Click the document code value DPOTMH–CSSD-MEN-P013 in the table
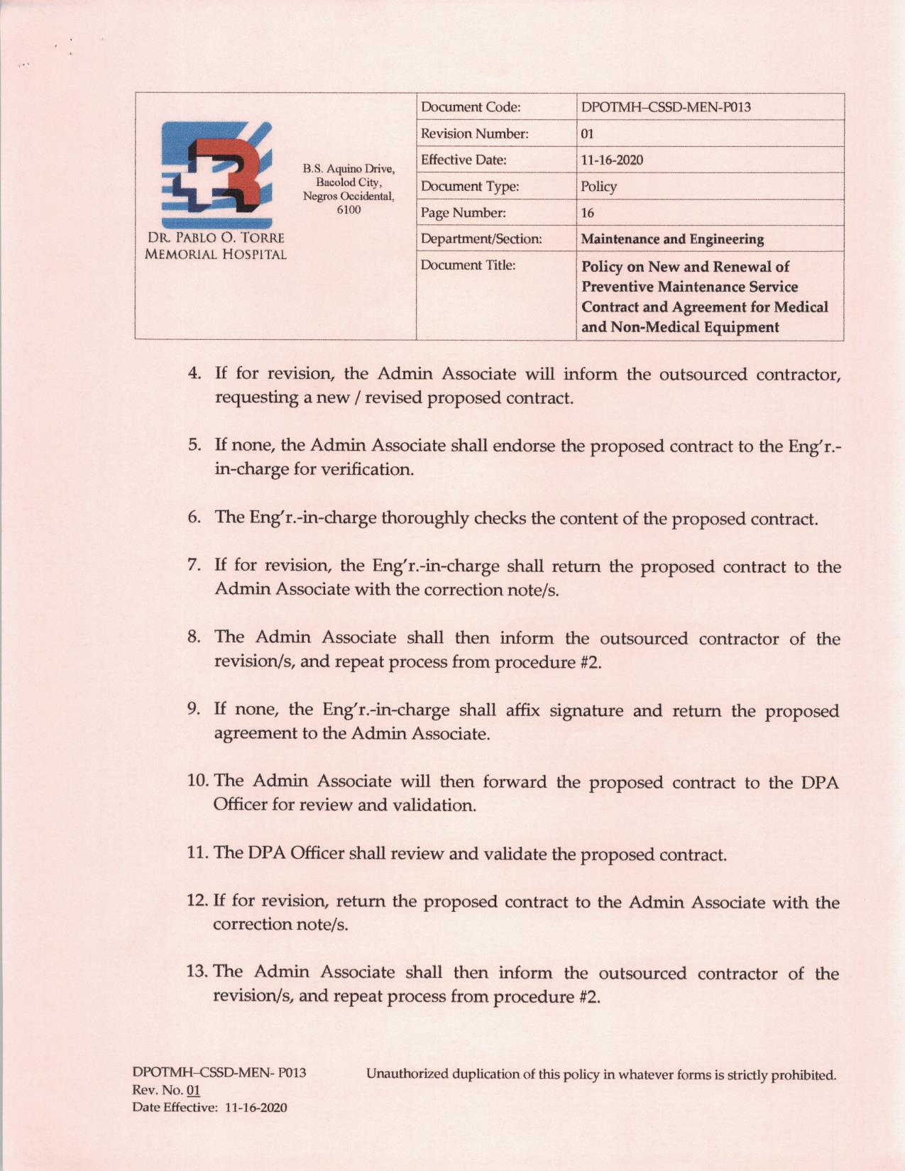(x=666, y=107)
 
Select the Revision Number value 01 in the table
(x=587, y=134)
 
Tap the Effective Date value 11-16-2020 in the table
(x=612, y=160)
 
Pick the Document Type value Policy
(x=598, y=187)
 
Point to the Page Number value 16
(x=587, y=213)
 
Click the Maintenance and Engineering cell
(x=672, y=239)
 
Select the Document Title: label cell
(x=468, y=265)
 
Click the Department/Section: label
(x=481, y=239)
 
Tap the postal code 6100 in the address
(x=349, y=210)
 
